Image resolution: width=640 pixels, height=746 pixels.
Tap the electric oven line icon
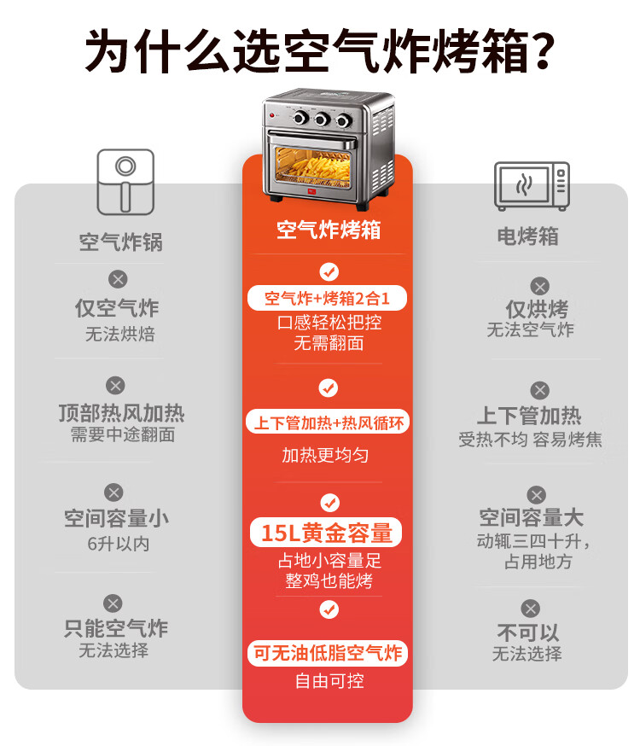pyautogui.click(x=531, y=185)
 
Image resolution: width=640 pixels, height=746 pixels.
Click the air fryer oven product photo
pyautogui.click(x=329, y=150)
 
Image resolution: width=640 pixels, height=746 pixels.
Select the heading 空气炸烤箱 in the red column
pyautogui.click(x=329, y=230)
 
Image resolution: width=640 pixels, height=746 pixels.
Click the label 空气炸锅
pyautogui.click(x=120, y=242)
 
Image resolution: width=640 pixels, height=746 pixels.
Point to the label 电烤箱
pyautogui.click(x=528, y=236)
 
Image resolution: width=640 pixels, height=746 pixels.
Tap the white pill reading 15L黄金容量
pyautogui.click(x=327, y=533)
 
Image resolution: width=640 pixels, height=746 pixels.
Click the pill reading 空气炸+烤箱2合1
pyautogui.click(x=328, y=299)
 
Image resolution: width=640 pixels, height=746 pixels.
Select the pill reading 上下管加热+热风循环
pyautogui.click(x=328, y=422)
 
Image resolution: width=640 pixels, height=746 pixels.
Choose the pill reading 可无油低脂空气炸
pyautogui.click(x=328, y=654)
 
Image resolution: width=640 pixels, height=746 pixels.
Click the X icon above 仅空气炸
pyautogui.click(x=118, y=278)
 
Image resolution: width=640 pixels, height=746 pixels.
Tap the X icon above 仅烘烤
pyautogui.click(x=539, y=286)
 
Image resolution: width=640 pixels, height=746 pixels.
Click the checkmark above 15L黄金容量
pyautogui.click(x=329, y=502)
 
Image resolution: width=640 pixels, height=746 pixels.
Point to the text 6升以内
pyautogui.click(x=119, y=544)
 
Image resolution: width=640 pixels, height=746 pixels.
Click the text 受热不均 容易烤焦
pyautogui.click(x=530, y=440)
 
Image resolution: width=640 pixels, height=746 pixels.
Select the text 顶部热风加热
pyautogui.click(x=121, y=413)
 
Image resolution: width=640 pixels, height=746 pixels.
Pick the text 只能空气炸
pyautogui.click(x=116, y=629)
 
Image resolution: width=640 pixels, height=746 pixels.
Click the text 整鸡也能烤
pyautogui.click(x=329, y=581)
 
